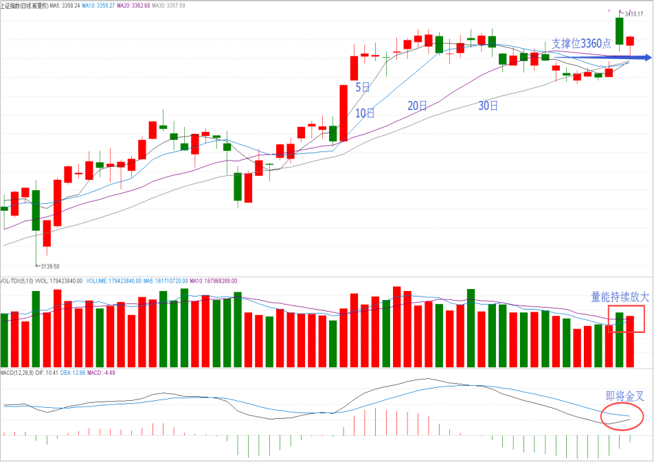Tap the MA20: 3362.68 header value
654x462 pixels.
click(x=142, y=5)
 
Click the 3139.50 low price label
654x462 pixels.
click(x=49, y=266)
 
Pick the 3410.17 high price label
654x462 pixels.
click(x=640, y=14)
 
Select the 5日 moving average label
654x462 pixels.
click(x=363, y=87)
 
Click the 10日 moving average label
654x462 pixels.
click(x=365, y=113)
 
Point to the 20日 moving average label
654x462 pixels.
click(x=416, y=106)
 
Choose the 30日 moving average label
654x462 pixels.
click(x=488, y=106)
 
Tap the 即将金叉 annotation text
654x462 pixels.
click(x=624, y=397)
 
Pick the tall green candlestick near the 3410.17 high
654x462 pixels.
click(x=620, y=32)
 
